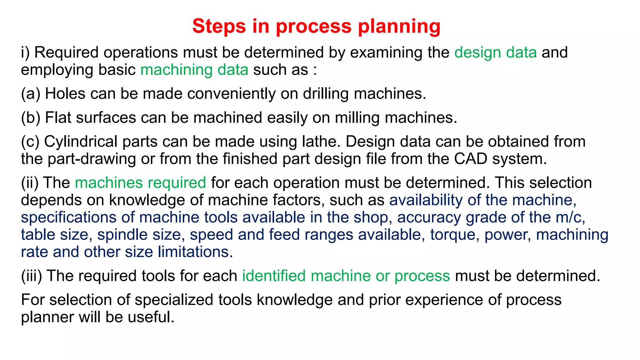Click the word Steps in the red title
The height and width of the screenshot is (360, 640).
point(219,26)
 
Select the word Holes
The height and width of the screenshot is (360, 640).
point(65,93)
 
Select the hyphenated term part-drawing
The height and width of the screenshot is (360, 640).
point(92,159)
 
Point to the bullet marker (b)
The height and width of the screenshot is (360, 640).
point(31,118)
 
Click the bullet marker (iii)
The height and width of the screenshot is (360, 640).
point(31,276)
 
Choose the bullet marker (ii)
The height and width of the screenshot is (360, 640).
point(30,183)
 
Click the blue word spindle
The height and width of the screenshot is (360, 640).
point(119,235)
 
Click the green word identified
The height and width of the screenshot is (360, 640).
point(274,276)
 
